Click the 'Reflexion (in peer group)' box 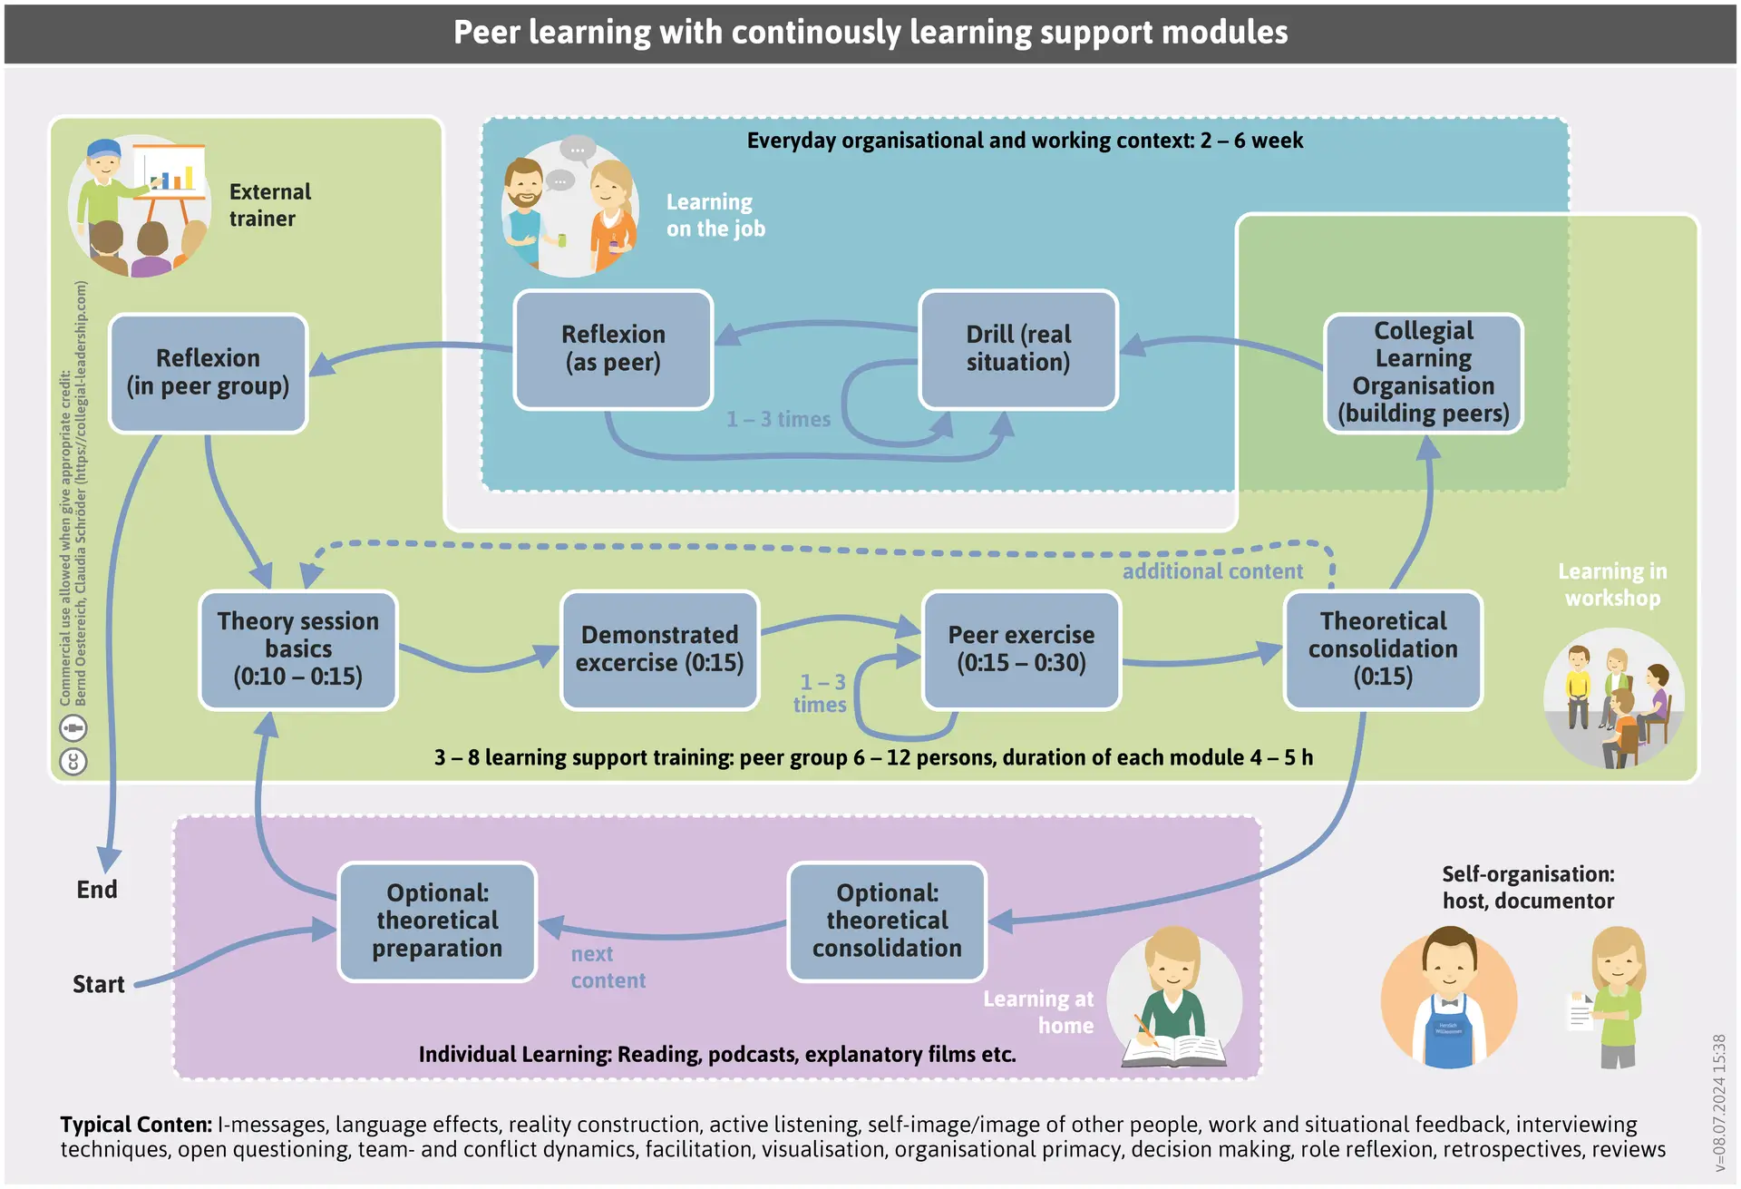click(x=208, y=373)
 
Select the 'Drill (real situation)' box click(x=1017, y=349)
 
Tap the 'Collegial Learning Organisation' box click(x=1423, y=373)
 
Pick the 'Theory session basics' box click(x=297, y=649)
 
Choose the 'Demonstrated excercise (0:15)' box click(x=659, y=649)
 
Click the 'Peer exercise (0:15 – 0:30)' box click(x=1021, y=649)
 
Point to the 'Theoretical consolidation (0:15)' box click(x=1383, y=649)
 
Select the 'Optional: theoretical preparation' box click(x=437, y=921)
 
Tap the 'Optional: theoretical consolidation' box click(x=887, y=921)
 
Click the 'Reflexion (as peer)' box click(x=613, y=349)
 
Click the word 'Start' click(x=98, y=984)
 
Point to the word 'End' click(x=97, y=889)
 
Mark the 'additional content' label click(x=1211, y=571)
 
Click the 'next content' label click(x=608, y=967)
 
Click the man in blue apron click(x=1448, y=998)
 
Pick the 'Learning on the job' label click(x=715, y=215)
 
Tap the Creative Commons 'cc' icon click(x=73, y=761)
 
